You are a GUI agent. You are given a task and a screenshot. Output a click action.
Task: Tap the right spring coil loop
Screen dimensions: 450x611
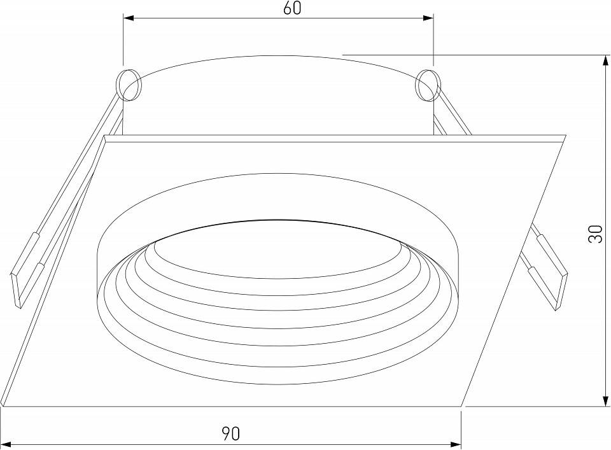pyautogui.click(x=427, y=86)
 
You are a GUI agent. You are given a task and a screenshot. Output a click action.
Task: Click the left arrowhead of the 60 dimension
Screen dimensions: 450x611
pyautogui.click(x=127, y=20)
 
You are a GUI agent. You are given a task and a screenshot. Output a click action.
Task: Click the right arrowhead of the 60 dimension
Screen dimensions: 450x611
pyautogui.click(x=429, y=20)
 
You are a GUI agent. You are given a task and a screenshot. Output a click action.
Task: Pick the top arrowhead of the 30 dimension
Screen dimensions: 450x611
pyautogui.click(x=604, y=60)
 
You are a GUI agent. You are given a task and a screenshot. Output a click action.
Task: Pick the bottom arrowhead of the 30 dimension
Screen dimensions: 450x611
pyautogui.click(x=604, y=401)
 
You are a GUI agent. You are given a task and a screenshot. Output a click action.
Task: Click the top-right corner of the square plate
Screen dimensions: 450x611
pyautogui.click(x=565, y=136)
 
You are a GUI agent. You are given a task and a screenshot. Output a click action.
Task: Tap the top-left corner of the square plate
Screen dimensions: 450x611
pyautogui.click(x=106, y=136)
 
